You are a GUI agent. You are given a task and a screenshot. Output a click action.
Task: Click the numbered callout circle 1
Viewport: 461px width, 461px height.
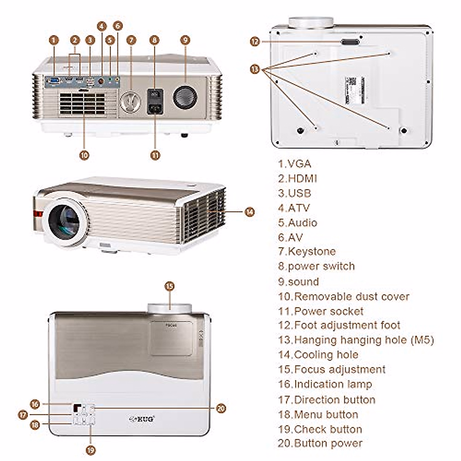pos(54,40)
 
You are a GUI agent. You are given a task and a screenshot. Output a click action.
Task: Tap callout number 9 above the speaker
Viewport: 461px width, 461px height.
pos(185,40)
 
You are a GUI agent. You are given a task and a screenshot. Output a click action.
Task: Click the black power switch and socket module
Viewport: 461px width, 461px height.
pos(155,101)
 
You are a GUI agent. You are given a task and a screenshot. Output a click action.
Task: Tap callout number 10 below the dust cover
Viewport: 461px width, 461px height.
pos(84,155)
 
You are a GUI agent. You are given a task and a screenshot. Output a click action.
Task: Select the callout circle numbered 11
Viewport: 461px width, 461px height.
pos(155,155)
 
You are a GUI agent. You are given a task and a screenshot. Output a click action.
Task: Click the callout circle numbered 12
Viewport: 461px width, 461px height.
pos(255,41)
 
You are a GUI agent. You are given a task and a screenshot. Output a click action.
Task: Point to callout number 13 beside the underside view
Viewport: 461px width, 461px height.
pos(255,69)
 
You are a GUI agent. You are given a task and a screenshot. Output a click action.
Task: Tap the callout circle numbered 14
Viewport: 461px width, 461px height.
pos(250,212)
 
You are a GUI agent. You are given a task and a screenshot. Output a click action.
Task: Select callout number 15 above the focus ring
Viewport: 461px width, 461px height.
pos(169,286)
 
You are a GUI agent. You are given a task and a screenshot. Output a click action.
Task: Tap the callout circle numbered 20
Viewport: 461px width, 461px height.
pos(221,408)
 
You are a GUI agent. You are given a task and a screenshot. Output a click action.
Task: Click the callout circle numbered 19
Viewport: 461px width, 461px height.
pos(91,450)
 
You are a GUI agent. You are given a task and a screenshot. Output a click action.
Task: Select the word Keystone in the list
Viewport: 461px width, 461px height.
pos(312,252)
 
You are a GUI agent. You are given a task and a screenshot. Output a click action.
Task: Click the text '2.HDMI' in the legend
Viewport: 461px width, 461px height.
pos(298,178)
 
